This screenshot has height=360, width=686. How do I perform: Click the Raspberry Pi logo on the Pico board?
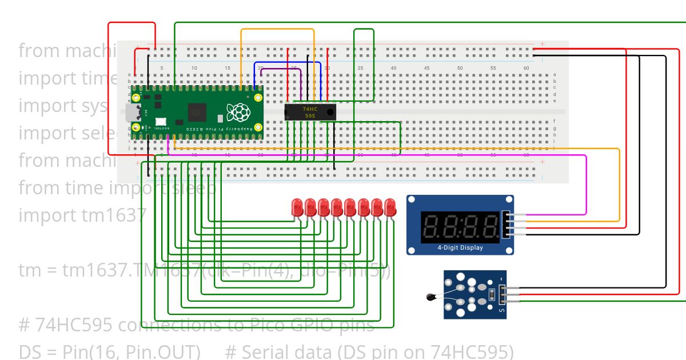pos(238,112)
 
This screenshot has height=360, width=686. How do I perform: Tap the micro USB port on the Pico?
pos(132,113)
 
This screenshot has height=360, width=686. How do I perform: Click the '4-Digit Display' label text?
pos(460,247)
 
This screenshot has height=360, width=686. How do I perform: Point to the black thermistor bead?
pos(431,297)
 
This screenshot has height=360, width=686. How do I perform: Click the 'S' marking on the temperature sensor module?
pos(502,310)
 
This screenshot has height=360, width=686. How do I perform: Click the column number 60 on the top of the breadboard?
pos(526,68)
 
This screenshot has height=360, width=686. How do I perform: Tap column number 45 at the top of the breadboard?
pos(426,68)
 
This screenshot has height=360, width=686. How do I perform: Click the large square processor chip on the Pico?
pos(197,111)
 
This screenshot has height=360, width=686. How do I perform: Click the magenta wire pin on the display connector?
pos(509,215)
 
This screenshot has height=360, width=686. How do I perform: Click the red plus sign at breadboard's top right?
pos(542,44)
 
